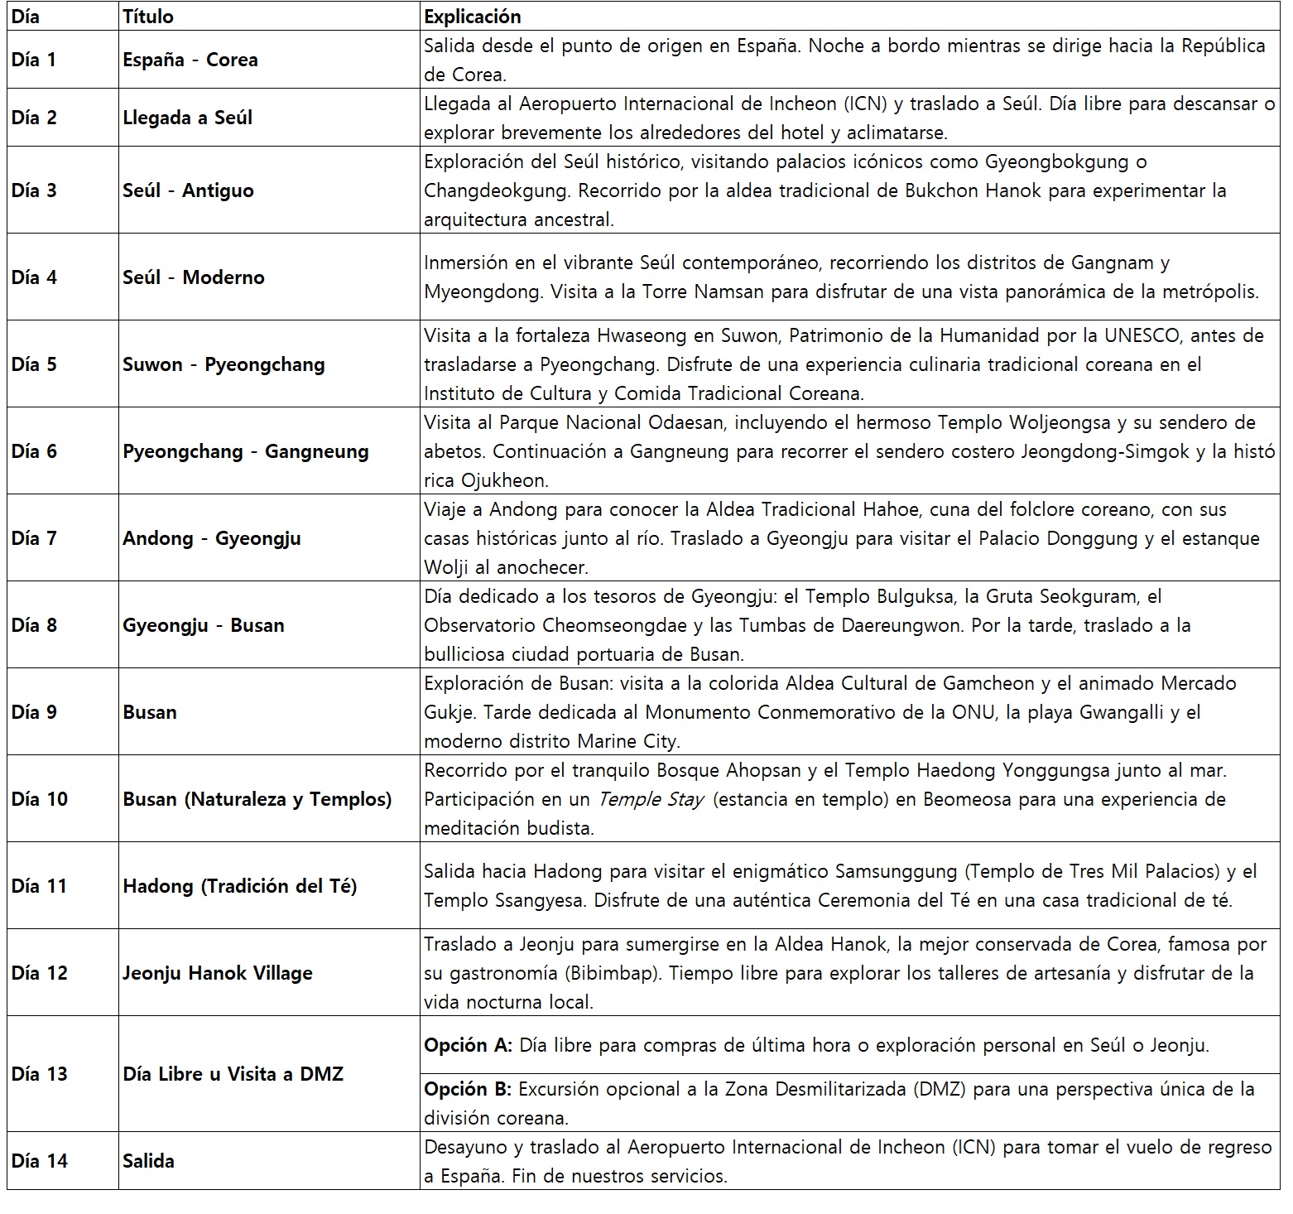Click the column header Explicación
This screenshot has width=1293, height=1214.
tap(472, 17)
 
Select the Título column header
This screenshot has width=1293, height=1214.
tap(148, 17)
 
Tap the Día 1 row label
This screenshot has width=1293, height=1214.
tap(34, 60)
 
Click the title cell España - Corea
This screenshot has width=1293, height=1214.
tap(190, 60)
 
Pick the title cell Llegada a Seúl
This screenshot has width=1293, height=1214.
tap(187, 118)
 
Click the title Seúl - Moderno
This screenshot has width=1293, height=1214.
tap(193, 277)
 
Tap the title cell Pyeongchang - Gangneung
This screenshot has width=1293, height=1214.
tap(245, 451)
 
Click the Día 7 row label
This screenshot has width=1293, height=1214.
tap(34, 538)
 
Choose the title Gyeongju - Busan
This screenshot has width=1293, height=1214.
tap(203, 625)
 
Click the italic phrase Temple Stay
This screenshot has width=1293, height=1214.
tap(651, 799)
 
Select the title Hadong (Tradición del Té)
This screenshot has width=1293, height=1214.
tap(239, 886)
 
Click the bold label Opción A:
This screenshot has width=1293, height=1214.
tap(468, 1045)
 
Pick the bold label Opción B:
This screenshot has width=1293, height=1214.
tap(468, 1089)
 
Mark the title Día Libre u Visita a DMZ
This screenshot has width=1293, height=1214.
tap(233, 1074)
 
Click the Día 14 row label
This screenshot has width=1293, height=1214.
tap(39, 1161)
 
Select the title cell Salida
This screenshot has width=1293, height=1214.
tap(148, 1161)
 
